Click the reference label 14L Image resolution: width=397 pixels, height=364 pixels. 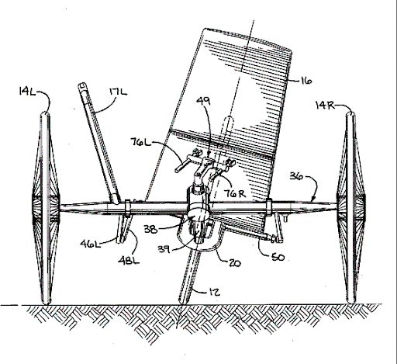(27, 92)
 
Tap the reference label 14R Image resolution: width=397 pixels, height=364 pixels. (325, 106)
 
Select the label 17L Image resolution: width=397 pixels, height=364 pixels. (118, 92)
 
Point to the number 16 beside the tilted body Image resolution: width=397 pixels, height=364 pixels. (306, 81)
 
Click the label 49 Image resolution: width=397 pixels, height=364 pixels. (203, 101)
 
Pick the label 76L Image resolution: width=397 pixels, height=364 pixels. (140, 142)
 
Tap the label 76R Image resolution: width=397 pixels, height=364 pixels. (234, 193)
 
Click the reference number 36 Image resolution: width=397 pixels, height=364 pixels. (296, 176)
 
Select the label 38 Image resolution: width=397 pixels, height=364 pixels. (150, 229)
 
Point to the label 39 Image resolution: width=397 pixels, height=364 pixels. (164, 249)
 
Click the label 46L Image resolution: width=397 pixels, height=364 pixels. (90, 244)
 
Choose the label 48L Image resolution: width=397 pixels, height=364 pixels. (129, 260)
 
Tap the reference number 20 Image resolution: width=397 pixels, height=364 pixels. (234, 263)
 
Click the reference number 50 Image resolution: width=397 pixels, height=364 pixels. (278, 258)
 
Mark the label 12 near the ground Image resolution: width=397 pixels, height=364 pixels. (214, 293)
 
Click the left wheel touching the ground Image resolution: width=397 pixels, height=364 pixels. (46, 208)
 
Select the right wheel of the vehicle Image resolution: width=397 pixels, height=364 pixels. (350, 206)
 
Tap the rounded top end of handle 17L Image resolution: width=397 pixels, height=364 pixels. (82, 85)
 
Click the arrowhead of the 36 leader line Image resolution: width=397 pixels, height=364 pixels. (313, 199)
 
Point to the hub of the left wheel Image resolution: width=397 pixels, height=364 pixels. (46, 208)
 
